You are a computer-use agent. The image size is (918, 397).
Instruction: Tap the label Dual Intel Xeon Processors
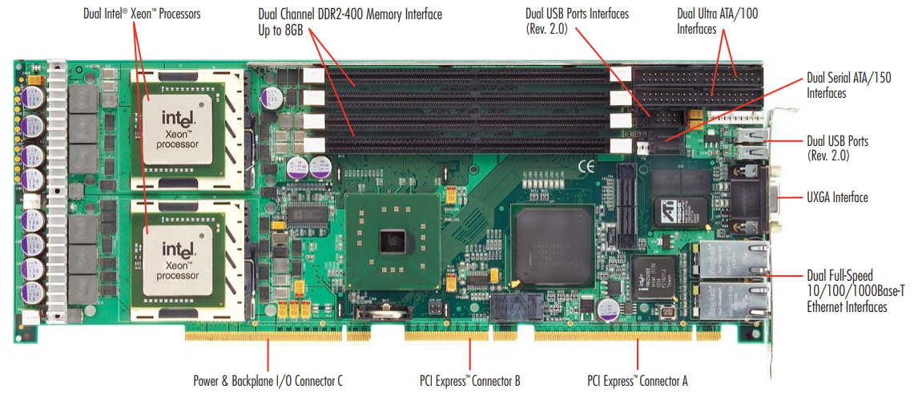click(x=142, y=14)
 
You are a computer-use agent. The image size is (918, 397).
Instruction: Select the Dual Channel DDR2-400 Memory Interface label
click(x=350, y=14)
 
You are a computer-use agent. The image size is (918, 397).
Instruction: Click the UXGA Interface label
click(x=838, y=197)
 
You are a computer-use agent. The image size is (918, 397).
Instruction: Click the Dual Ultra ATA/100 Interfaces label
click(x=719, y=21)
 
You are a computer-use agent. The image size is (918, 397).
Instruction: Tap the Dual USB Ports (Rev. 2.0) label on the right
click(x=837, y=148)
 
